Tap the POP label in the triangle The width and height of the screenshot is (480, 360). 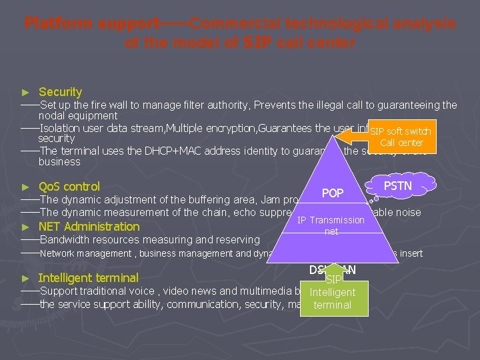(332, 193)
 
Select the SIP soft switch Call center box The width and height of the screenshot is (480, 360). (401, 137)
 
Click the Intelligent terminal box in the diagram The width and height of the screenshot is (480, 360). (333, 298)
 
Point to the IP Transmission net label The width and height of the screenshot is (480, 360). (331, 225)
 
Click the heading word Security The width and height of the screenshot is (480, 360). (61, 92)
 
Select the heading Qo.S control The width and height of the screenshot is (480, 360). (69, 187)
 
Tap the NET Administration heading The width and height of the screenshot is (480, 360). (89, 226)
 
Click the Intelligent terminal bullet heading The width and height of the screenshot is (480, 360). (88, 278)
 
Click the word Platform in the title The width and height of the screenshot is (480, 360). (59, 23)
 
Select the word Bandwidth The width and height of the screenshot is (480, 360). (65, 239)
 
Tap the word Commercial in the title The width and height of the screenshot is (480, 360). (234, 23)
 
